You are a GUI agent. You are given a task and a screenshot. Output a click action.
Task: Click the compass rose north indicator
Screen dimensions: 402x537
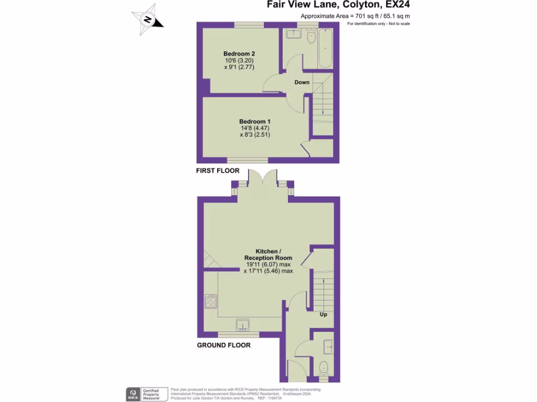148,20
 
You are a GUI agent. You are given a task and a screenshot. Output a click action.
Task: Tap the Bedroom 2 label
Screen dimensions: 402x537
239,54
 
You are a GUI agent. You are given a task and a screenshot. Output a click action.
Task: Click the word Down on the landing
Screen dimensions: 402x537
302,82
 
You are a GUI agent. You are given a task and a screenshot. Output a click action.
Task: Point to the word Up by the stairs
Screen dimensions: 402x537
324,315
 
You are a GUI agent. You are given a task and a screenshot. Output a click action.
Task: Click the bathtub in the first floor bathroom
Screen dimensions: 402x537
325,48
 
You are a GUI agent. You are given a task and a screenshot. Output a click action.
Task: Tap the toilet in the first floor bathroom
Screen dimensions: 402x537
310,37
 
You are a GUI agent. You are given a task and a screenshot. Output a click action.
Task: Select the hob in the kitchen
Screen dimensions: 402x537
211,301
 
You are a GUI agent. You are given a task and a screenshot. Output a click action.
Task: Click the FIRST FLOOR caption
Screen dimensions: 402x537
218,171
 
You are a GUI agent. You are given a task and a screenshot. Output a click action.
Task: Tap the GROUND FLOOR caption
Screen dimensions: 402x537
223,345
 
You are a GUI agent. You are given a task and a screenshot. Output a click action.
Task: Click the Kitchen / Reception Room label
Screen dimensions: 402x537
268,254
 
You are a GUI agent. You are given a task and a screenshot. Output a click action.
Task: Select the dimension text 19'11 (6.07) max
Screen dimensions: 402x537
268,265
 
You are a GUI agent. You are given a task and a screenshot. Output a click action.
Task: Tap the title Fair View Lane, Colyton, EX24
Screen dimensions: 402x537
338,5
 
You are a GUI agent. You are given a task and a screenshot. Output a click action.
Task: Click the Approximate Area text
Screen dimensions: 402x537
355,16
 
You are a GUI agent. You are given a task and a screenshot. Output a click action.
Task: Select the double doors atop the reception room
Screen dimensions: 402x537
262,179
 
